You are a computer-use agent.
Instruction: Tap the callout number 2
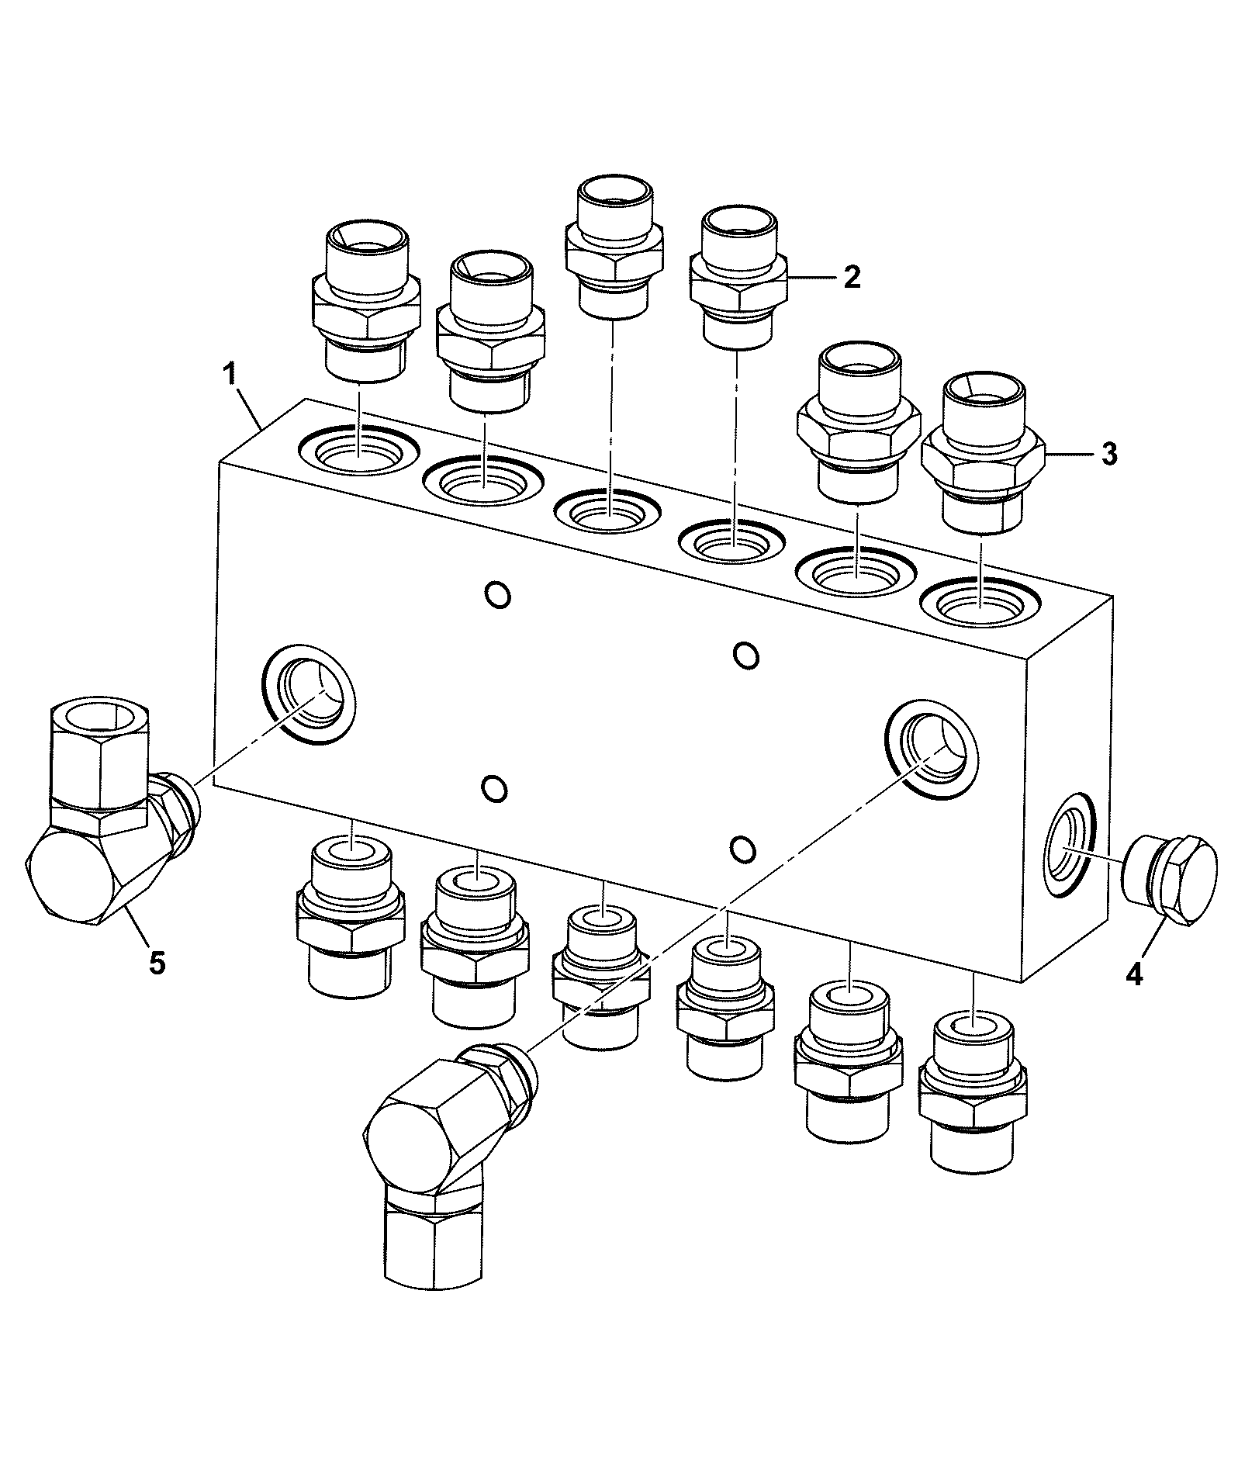(x=852, y=277)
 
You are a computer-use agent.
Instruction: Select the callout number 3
(x=1110, y=454)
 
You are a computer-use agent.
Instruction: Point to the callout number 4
(x=1133, y=974)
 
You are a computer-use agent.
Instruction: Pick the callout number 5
(x=157, y=964)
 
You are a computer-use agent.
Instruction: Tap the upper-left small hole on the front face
(x=497, y=594)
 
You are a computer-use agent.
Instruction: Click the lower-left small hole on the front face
(x=494, y=789)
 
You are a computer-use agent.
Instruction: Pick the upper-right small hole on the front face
(x=745, y=655)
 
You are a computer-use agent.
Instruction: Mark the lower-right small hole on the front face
(x=742, y=849)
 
